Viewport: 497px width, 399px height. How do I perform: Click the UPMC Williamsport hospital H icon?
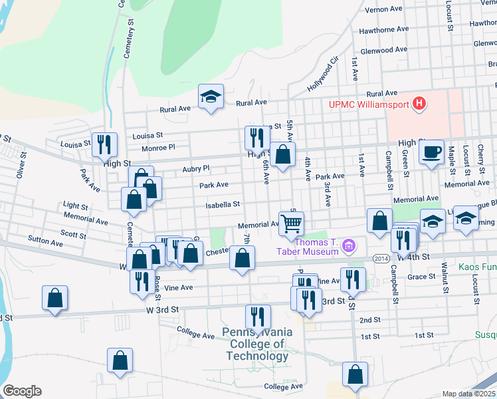(x=419, y=104)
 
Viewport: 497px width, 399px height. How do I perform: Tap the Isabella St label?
(x=222, y=205)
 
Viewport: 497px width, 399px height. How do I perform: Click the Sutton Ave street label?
(x=45, y=241)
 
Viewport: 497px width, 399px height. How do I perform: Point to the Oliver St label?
(x=21, y=167)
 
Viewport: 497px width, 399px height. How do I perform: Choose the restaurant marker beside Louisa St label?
(x=104, y=145)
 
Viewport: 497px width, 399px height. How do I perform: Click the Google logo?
(x=22, y=391)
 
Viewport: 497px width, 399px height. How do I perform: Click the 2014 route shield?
(x=380, y=259)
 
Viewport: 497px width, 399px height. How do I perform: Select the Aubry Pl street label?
(x=196, y=169)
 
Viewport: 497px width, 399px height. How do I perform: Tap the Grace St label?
(x=421, y=277)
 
